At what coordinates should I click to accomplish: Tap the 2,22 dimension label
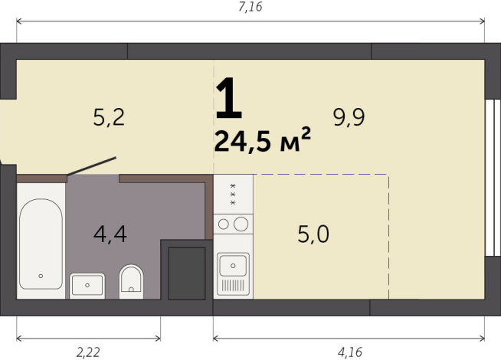pyautogui.click(x=88, y=352)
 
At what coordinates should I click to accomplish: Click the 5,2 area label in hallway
pyautogui.click(x=108, y=117)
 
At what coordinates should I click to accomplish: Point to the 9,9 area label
pyautogui.click(x=349, y=117)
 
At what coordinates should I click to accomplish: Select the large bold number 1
pyautogui.click(x=228, y=98)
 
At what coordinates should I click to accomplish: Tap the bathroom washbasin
pyautogui.click(x=87, y=285)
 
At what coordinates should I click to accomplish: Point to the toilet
pyautogui.click(x=132, y=281)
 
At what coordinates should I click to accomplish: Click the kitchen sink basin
pyautogui.click(x=233, y=265)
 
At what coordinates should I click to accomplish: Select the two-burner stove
pyautogui.click(x=233, y=224)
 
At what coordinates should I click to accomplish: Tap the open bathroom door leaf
pyautogui.click(x=92, y=166)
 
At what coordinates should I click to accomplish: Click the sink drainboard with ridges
pyautogui.click(x=233, y=286)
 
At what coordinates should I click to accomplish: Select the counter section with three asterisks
pyautogui.click(x=233, y=194)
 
